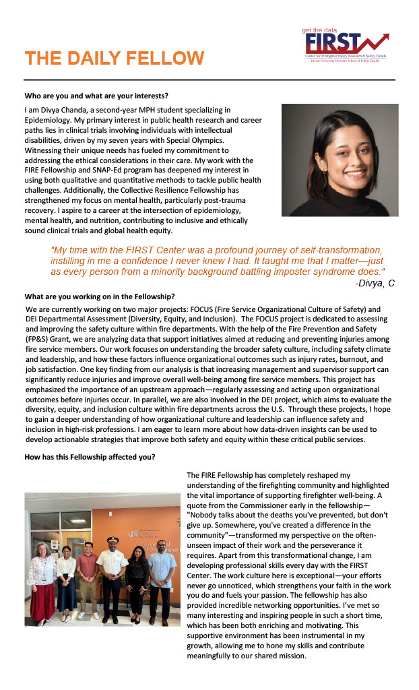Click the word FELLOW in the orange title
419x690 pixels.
click(160, 58)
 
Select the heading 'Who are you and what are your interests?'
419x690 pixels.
click(96, 95)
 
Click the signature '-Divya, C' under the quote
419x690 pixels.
click(375, 283)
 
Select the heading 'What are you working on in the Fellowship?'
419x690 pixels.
click(100, 296)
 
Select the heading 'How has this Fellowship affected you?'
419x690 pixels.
click(90, 458)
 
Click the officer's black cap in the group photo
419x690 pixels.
click(112, 540)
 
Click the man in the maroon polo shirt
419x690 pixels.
click(88, 573)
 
